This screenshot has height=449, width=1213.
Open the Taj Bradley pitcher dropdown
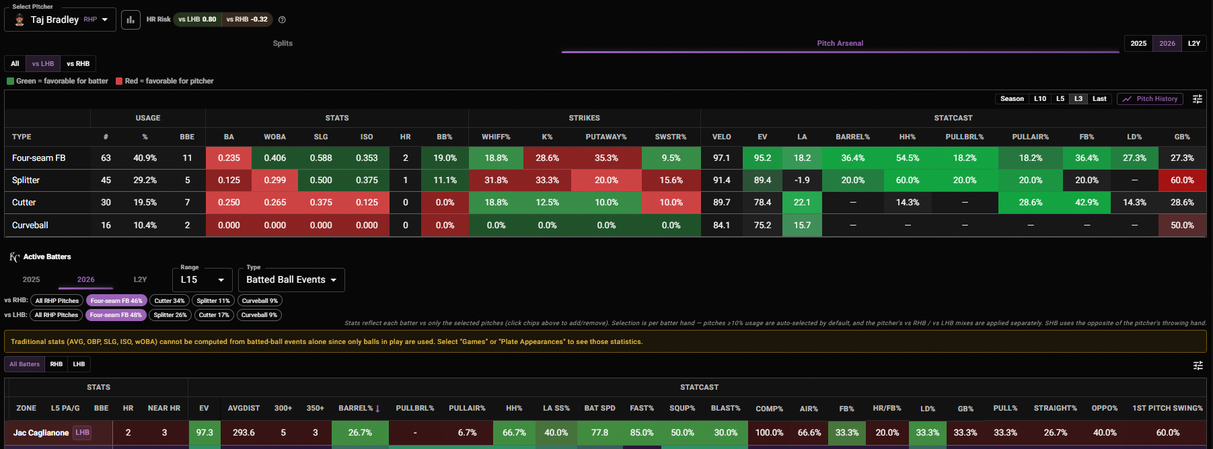(x=61, y=20)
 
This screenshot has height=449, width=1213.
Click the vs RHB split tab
(x=78, y=64)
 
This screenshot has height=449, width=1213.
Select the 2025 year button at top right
(x=1138, y=44)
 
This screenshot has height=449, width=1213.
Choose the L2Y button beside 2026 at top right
(x=1194, y=44)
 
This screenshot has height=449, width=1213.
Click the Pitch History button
(x=1150, y=99)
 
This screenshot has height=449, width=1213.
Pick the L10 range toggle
(x=1040, y=99)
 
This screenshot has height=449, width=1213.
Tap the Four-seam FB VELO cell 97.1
(x=721, y=158)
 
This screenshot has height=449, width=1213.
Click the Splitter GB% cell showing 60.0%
(x=1182, y=180)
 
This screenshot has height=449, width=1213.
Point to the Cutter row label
(x=24, y=203)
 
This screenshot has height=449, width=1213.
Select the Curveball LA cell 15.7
(x=802, y=226)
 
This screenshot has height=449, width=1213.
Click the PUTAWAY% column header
(x=605, y=137)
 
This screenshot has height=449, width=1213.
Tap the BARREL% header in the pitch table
(x=852, y=137)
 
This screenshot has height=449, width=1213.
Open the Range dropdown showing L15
(x=203, y=280)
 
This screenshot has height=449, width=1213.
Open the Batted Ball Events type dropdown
(x=291, y=280)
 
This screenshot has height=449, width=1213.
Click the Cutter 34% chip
(x=169, y=301)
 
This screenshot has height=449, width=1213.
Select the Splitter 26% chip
(x=170, y=315)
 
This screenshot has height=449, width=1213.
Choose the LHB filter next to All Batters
(x=79, y=364)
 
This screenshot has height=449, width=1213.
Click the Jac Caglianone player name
(x=41, y=433)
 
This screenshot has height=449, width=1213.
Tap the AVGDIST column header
(x=244, y=409)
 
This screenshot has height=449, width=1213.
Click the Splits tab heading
(x=283, y=44)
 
